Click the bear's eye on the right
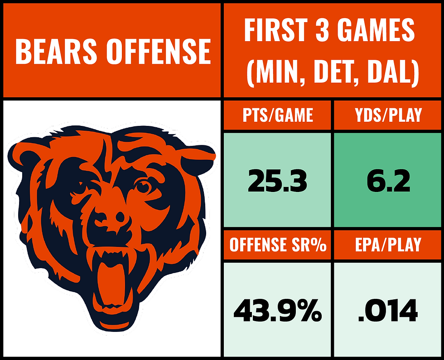(x=144, y=186)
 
